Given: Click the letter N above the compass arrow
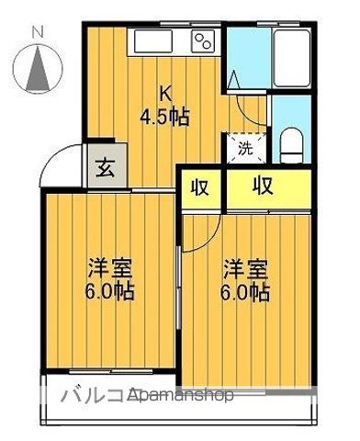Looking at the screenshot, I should (39, 33).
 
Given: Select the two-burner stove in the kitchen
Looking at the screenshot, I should (203, 40).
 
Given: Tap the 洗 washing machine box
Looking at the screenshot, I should (245, 147).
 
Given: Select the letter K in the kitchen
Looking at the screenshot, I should (165, 94).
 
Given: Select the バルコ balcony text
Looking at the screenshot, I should (92, 395).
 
